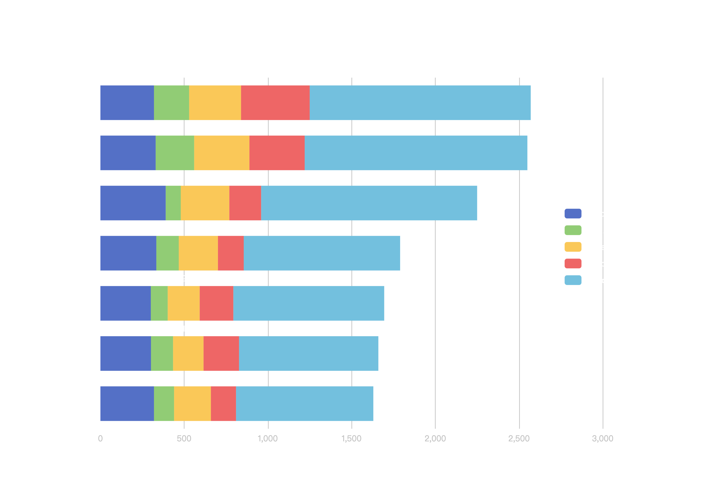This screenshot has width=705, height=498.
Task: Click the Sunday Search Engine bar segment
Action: coord(420,103)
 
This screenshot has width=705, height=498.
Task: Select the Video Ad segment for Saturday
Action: coord(277,153)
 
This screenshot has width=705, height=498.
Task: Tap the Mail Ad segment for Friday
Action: coord(173,203)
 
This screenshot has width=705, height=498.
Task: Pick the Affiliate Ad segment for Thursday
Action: coord(198,253)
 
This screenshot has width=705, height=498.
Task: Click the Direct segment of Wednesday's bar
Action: coord(126,303)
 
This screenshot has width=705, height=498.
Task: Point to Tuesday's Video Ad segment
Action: coord(221,353)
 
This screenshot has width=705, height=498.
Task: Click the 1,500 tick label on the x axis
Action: coord(352,438)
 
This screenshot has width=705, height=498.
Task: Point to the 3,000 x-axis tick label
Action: coord(602,438)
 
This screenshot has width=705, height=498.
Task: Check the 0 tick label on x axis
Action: coord(100,438)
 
